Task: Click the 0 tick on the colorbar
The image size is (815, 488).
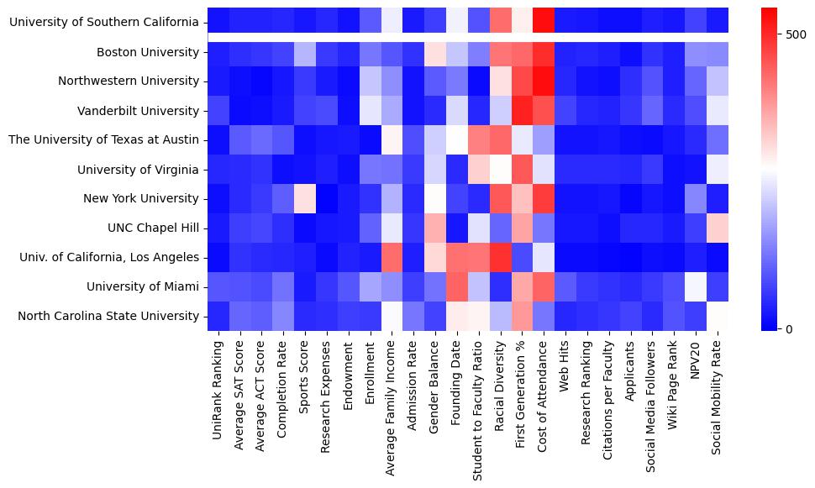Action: click(791, 328)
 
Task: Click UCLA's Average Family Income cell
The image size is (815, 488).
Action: click(392, 257)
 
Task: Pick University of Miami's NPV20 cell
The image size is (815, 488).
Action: click(696, 286)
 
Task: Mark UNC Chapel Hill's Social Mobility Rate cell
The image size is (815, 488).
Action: click(718, 228)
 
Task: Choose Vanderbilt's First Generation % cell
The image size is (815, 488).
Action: click(522, 111)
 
